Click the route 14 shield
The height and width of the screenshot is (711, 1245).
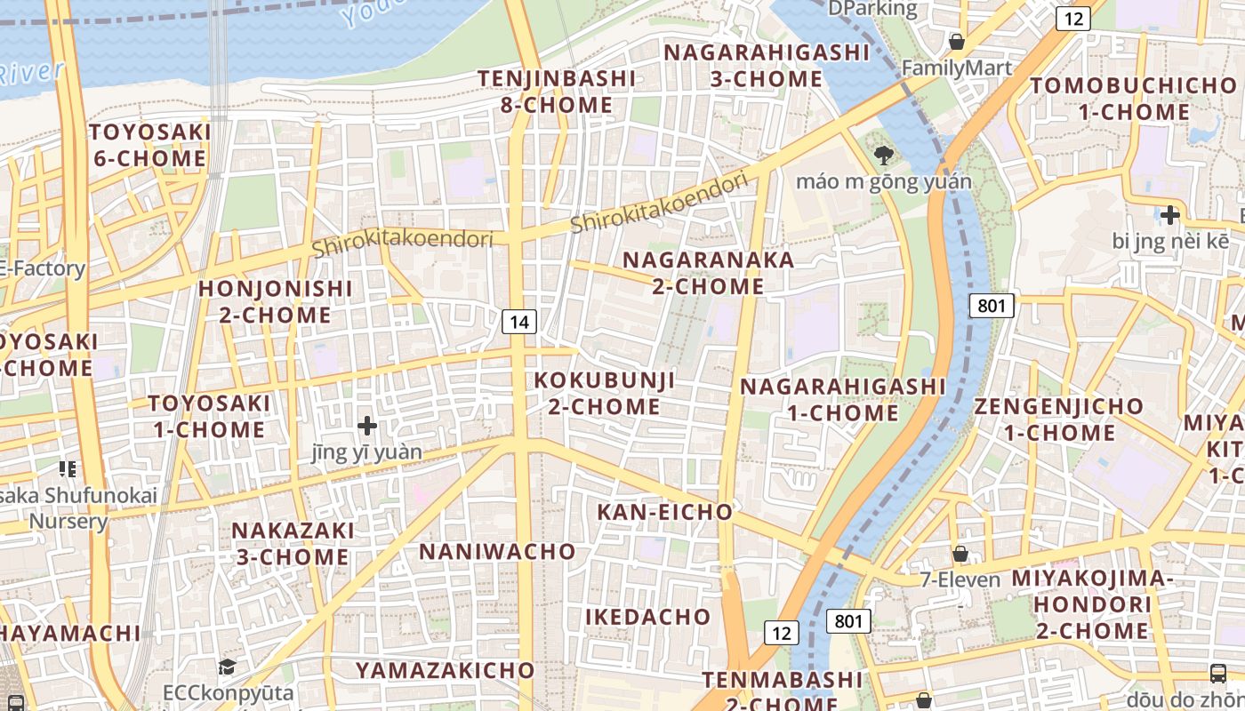click(x=519, y=322)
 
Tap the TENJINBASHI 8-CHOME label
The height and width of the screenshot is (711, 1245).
click(x=557, y=92)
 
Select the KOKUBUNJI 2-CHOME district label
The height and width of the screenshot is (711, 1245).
click(x=604, y=394)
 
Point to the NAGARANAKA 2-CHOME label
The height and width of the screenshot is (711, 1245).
click(x=708, y=273)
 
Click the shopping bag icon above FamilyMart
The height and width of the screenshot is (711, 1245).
click(x=957, y=42)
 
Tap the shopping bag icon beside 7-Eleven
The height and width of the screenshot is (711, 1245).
click(x=960, y=555)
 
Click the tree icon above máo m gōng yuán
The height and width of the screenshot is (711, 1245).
click(x=883, y=156)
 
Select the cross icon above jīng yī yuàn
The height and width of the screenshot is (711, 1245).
click(x=367, y=427)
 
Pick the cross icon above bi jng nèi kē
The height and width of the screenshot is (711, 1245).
click(x=1169, y=215)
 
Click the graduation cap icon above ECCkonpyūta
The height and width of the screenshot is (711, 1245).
click(x=228, y=667)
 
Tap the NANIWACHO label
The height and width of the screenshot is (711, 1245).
click(x=497, y=552)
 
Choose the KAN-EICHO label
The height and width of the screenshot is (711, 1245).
click(x=664, y=512)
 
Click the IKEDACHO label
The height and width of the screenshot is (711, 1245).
click(x=647, y=617)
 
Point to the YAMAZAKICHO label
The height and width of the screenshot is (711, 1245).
click(x=445, y=670)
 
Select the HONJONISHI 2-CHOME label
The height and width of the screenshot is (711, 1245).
click(x=275, y=301)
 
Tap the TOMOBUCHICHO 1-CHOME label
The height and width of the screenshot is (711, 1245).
click(x=1134, y=99)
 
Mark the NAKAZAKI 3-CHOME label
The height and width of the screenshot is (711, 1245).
click(x=293, y=543)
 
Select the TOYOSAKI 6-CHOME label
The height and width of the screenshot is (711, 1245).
click(x=149, y=146)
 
